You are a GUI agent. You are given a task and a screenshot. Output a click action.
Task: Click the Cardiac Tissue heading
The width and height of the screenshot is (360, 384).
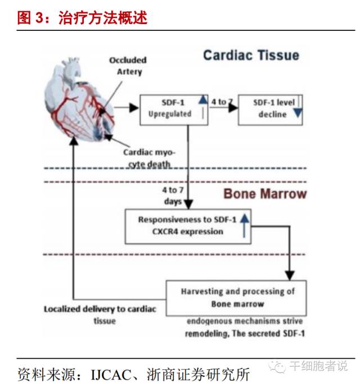(251, 55)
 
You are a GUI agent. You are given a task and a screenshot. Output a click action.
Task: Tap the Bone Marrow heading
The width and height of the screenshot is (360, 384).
(265, 194)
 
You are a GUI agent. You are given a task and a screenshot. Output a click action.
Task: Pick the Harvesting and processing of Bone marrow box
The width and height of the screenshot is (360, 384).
(236, 298)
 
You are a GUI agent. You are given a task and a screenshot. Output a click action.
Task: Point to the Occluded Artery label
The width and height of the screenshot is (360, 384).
(128, 65)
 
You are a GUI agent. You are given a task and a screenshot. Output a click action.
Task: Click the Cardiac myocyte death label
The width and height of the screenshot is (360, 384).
(147, 158)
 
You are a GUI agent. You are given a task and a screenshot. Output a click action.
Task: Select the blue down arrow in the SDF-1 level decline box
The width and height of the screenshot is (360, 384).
(298, 112)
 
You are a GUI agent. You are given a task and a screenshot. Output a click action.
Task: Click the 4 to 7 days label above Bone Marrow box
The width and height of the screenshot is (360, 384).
(173, 196)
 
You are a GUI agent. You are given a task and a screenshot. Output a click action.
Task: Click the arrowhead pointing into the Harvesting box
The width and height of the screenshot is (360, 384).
(290, 275)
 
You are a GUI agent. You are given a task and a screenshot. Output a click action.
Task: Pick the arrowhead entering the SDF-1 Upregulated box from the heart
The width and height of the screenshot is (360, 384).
(134, 107)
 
